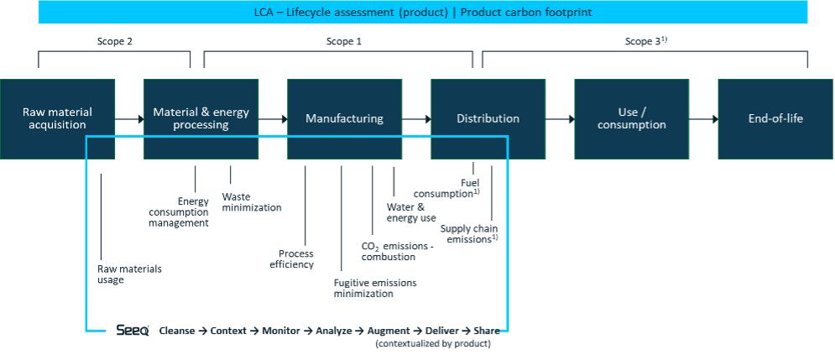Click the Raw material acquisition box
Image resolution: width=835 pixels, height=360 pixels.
[x=57, y=118]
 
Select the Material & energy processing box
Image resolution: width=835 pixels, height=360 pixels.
[x=201, y=118]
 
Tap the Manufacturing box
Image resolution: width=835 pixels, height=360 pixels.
[x=344, y=118]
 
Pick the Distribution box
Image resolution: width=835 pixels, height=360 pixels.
[x=488, y=118]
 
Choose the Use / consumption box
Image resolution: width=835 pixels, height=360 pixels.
[x=631, y=118]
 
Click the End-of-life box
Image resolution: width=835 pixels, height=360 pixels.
[x=775, y=118]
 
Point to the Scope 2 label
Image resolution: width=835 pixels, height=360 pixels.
[x=114, y=41]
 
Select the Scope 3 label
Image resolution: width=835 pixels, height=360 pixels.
[x=645, y=41]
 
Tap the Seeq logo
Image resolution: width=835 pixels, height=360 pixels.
[x=133, y=331]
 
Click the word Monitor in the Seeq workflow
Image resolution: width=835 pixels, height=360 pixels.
[x=281, y=331]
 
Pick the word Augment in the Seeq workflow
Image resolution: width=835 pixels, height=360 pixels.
[x=389, y=331]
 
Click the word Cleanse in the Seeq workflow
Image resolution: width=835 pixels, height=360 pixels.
[x=177, y=331]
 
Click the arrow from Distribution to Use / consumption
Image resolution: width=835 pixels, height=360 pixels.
[x=559, y=119]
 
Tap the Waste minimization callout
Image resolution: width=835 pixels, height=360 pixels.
[x=251, y=202]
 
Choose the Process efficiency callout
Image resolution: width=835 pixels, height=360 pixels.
[x=296, y=259]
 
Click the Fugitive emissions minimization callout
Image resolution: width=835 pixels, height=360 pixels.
[x=374, y=288]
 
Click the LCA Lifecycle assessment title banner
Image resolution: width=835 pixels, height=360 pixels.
[x=423, y=13]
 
